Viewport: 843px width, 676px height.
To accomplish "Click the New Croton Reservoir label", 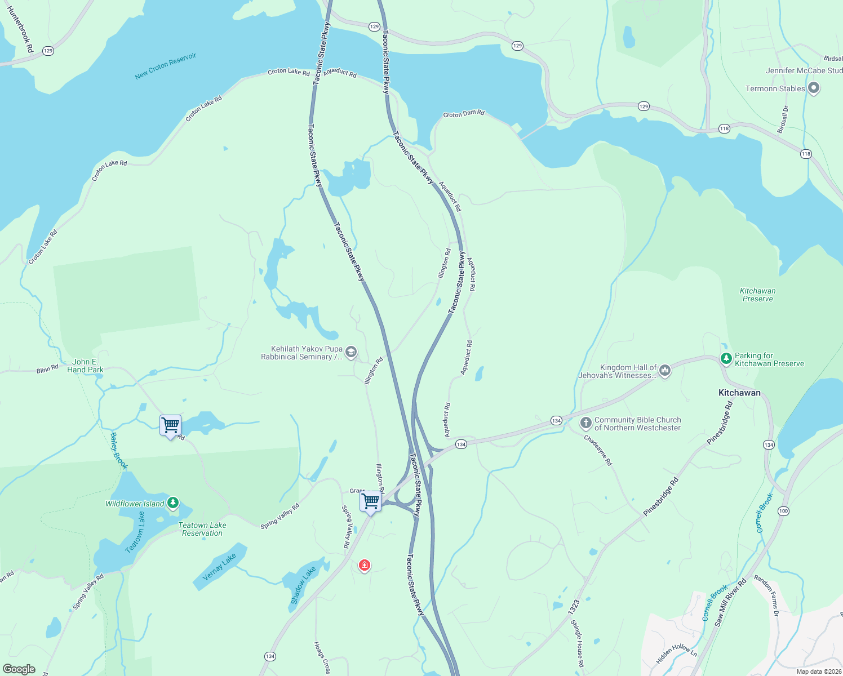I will pos(166,66).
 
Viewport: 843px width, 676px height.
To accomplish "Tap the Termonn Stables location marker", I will pos(813,88).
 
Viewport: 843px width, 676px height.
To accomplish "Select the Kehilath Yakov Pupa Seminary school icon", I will pos(350,353).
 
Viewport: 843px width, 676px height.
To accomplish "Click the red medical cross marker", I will pos(365,565).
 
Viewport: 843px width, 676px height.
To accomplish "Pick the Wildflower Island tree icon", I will pos(173,502).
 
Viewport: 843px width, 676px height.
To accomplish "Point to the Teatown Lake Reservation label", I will pos(202,529).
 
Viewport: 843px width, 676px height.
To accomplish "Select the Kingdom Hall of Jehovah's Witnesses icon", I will pos(665,371).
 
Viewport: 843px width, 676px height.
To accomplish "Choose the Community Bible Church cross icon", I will pos(585,423).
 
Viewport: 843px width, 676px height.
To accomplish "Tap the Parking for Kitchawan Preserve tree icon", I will pos(726,358).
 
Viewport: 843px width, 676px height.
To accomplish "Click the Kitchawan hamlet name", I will pos(739,393).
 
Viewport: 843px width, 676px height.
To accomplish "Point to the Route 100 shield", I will pos(783,511).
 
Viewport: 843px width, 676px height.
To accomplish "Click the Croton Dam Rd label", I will pos(464,114).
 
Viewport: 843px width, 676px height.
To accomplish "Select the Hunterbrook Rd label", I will pos(20,29).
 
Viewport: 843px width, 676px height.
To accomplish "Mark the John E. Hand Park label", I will pos(85,366).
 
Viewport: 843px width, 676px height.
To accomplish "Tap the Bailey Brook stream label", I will pos(119,451).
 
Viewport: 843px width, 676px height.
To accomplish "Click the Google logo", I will pos(19,669).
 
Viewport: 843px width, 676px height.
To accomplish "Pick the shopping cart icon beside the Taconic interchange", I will pos(370,501).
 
